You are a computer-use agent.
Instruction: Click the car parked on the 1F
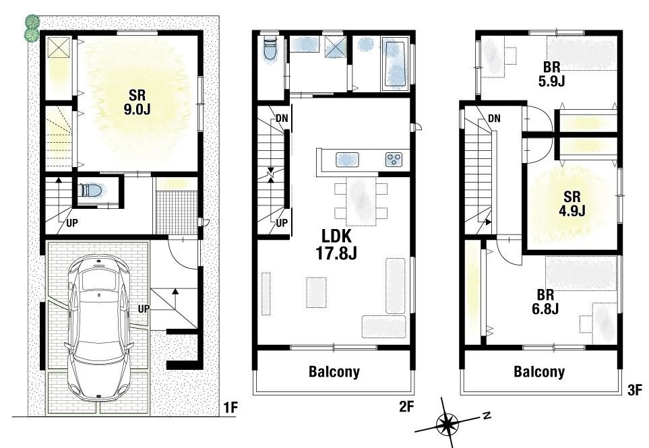(100, 327)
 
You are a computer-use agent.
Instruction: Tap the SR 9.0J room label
(137, 101)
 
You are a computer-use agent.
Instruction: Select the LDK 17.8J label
(336, 245)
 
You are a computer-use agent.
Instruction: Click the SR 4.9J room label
(571, 203)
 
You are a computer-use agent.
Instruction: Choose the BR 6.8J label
(545, 302)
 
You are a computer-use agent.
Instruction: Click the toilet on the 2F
(270, 50)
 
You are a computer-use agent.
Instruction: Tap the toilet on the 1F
(92, 190)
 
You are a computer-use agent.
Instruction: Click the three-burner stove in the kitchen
(394, 159)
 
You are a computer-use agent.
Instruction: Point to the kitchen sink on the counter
(347, 159)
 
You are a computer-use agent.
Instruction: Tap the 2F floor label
(406, 407)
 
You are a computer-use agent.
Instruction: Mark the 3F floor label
(634, 389)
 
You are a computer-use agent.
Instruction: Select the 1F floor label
(230, 408)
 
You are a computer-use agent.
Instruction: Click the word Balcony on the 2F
(334, 371)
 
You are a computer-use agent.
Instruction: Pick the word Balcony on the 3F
(539, 371)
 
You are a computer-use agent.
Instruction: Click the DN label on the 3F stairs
(494, 119)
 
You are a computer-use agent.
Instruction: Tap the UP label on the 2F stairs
(282, 223)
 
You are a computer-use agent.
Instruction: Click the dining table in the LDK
(361, 201)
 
